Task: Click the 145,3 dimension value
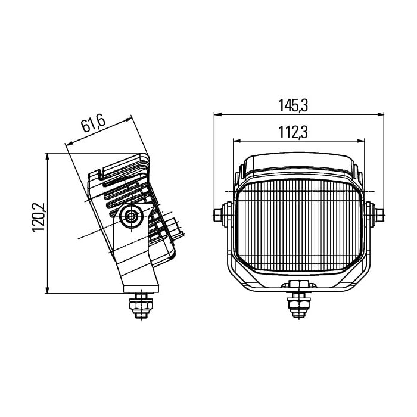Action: point(293,105)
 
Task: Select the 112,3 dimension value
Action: point(293,132)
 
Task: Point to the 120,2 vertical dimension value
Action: point(39,217)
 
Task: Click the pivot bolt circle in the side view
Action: point(130,216)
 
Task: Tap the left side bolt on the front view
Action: point(222,214)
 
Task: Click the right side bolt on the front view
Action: point(375,214)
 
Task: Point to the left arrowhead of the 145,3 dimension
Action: point(218,114)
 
